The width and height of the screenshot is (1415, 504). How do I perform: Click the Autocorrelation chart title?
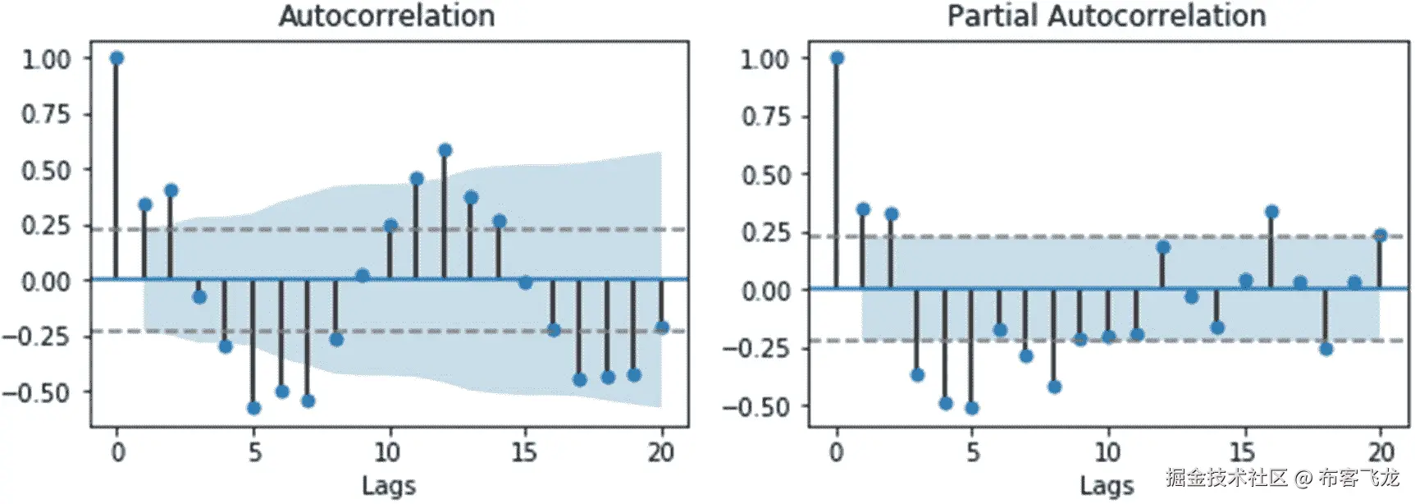[386, 16]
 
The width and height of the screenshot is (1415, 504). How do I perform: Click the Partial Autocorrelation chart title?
[1107, 16]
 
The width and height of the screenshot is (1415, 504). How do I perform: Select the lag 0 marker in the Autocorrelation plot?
[116, 58]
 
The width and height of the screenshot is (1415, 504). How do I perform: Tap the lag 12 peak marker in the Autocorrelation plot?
[445, 150]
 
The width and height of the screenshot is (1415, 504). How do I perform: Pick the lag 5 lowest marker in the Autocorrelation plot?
[253, 408]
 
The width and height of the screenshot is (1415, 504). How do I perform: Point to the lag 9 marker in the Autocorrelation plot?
[363, 275]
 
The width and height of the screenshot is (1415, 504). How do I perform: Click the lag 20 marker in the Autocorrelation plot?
[662, 328]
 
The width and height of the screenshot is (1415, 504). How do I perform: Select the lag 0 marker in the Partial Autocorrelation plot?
[837, 58]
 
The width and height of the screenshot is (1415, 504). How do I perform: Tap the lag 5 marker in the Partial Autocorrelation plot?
[972, 408]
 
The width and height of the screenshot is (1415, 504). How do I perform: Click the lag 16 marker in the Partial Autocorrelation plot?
[1271, 212]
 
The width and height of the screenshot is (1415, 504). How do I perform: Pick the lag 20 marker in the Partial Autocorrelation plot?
[1380, 236]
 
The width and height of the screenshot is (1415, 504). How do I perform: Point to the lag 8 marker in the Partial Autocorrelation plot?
[1054, 387]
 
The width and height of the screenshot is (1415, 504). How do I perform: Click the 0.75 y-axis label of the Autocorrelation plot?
[46, 114]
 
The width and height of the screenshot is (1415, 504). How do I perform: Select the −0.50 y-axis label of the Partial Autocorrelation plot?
[756, 407]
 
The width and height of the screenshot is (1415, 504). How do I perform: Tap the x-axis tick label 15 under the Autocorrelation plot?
[524, 452]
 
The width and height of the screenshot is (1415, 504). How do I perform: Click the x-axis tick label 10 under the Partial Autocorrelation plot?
[1107, 452]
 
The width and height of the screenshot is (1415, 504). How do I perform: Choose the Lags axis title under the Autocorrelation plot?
[389, 486]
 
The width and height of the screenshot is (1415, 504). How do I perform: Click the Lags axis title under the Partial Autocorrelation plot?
[1107, 486]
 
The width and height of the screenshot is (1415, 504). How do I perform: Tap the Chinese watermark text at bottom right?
[1282, 477]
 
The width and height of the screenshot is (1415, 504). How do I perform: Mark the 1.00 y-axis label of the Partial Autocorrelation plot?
[765, 59]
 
